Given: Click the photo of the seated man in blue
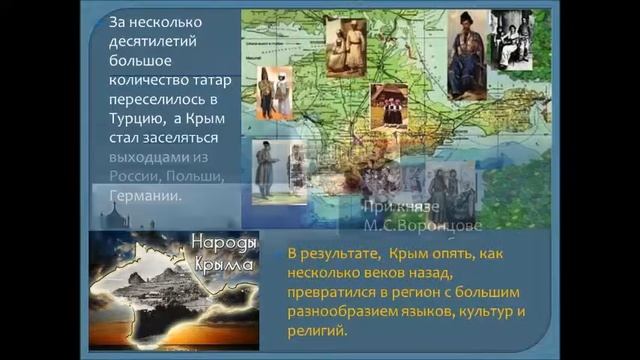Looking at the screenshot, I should tap(467, 54).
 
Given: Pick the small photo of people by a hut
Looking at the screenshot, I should tap(389, 105).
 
